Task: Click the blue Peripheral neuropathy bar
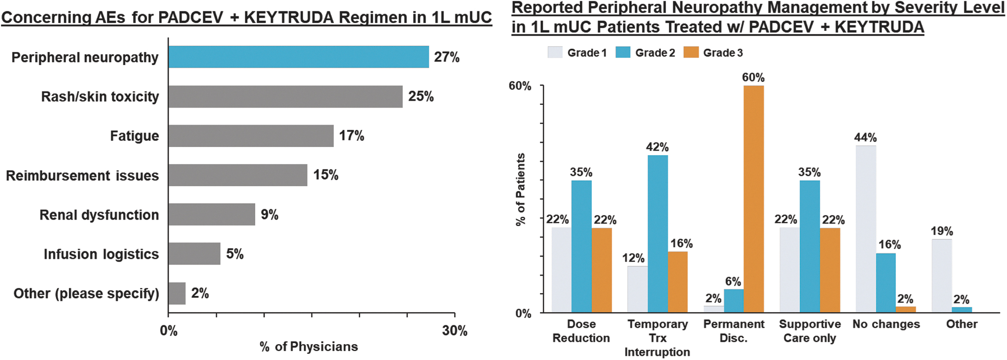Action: coord(298,57)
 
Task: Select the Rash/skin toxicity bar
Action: coord(285,96)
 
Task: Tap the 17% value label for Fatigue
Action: coord(351,136)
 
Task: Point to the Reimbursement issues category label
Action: coord(82,176)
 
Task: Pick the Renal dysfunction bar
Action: coord(212,214)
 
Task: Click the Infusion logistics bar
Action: coord(194,254)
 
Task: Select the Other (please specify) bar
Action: coord(177,294)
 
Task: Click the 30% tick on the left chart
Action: coord(455,331)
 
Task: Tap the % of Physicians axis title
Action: coord(309,347)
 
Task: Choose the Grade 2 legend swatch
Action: coord(623,52)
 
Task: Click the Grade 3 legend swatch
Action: coord(691,52)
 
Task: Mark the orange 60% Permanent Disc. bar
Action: coord(754,199)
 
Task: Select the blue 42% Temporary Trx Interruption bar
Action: coord(658,234)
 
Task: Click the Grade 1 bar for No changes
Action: coord(866,229)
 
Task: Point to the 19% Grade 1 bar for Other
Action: coord(941,276)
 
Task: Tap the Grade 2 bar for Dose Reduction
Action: coord(581,246)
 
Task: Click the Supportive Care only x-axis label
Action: coord(810,331)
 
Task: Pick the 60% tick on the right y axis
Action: coord(520,86)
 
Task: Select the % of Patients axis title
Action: coord(520,190)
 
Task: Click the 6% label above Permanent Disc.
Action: coord(733,281)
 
